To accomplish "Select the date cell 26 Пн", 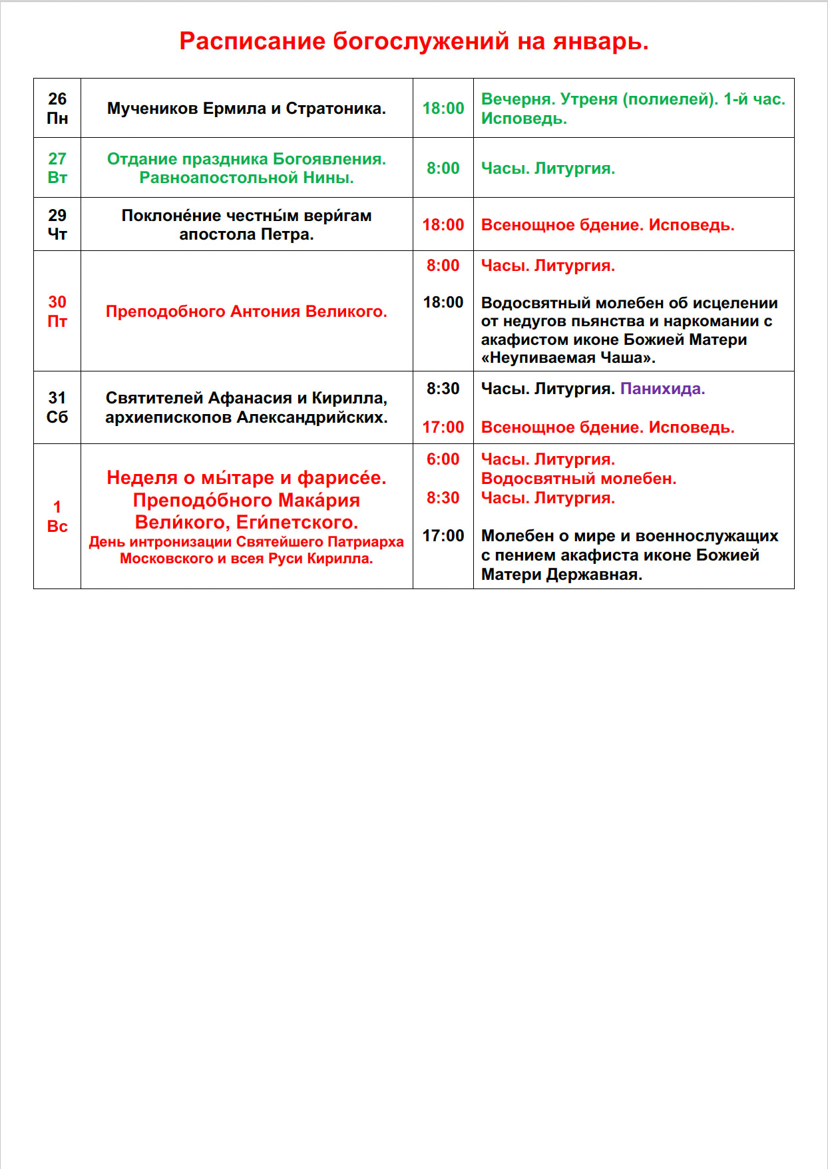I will [57, 108].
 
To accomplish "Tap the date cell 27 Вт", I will [57, 168].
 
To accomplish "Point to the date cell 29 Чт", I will [57, 224].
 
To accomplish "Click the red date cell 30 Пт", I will [57, 311].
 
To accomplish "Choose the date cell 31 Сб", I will [57, 407].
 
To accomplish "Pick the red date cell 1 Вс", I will [57, 516].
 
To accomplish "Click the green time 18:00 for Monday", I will [443, 108].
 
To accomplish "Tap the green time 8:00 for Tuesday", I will [443, 168].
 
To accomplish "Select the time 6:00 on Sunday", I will [443, 459].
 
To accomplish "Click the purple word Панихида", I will [662, 388].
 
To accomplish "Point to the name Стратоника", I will [336, 109].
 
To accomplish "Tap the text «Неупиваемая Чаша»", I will [568, 357].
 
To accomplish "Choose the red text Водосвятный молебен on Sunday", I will [578, 478].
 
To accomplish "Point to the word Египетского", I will [297, 522].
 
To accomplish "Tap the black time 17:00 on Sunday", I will [443, 535].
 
